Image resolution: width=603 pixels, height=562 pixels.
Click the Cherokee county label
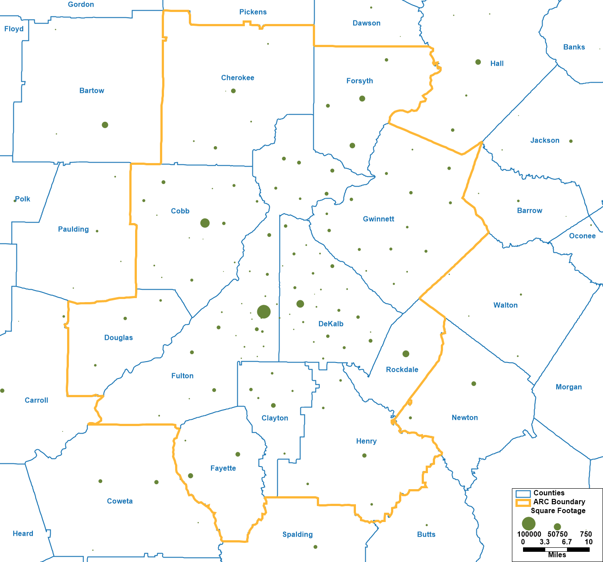pos(238,78)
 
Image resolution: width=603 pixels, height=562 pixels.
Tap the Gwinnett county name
pos(379,219)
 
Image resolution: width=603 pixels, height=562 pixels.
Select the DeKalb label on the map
pos(331,324)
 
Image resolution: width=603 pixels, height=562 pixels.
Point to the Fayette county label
pos(223,468)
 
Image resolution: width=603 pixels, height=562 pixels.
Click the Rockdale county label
pos(402,370)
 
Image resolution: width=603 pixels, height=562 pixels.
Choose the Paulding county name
pos(73,229)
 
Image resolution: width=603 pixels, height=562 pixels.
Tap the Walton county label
pos(505,305)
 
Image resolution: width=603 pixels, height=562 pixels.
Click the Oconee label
pos(582,236)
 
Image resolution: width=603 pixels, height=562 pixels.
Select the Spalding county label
pos(297,534)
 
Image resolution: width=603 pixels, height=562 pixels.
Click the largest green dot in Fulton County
pos(264,312)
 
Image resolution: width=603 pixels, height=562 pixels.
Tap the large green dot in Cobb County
pos(205,223)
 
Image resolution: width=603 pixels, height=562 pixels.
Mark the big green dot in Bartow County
pos(105,125)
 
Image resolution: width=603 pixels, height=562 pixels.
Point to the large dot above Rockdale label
pos(406,354)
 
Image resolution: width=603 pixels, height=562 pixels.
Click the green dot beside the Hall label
pos(478,62)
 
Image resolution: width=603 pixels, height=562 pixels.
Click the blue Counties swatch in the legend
pos(523,494)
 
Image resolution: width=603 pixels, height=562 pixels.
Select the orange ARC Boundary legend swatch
pos(523,503)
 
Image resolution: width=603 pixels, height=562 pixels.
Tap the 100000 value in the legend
pos(529,534)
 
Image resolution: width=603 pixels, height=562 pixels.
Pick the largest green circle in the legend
pos(528,523)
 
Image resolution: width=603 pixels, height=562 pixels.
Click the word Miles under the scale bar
pos(557,555)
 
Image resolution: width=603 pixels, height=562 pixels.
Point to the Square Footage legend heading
pos(558,511)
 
